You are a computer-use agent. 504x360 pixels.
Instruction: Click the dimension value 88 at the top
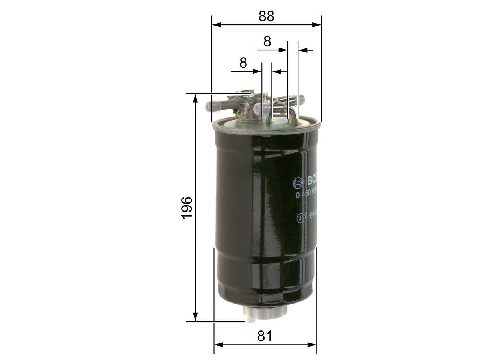(x=266, y=16)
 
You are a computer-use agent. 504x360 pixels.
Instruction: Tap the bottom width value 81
(x=265, y=336)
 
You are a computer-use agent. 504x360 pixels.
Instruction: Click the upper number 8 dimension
(x=267, y=41)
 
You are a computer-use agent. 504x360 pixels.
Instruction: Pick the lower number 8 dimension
(x=243, y=63)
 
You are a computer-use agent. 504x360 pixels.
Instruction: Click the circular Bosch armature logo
(x=298, y=182)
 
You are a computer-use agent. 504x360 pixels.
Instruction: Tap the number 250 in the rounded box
(x=302, y=217)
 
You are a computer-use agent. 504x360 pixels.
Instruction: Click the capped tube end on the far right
(x=302, y=98)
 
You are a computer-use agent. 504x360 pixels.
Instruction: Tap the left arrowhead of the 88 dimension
(x=216, y=24)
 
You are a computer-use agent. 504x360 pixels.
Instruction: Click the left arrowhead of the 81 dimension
(x=218, y=345)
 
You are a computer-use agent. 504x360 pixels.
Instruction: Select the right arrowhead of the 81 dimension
(x=313, y=345)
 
